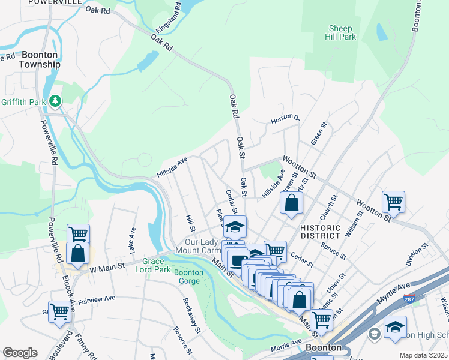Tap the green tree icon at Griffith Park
(x=55, y=101)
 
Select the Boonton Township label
(x=40, y=59)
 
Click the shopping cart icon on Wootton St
(x=393, y=202)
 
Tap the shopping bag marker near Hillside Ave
(x=291, y=202)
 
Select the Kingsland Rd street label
(x=169, y=19)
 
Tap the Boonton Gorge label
(x=189, y=277)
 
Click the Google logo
(x=20, y=352)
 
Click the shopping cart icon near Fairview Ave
(x=59, y=312)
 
